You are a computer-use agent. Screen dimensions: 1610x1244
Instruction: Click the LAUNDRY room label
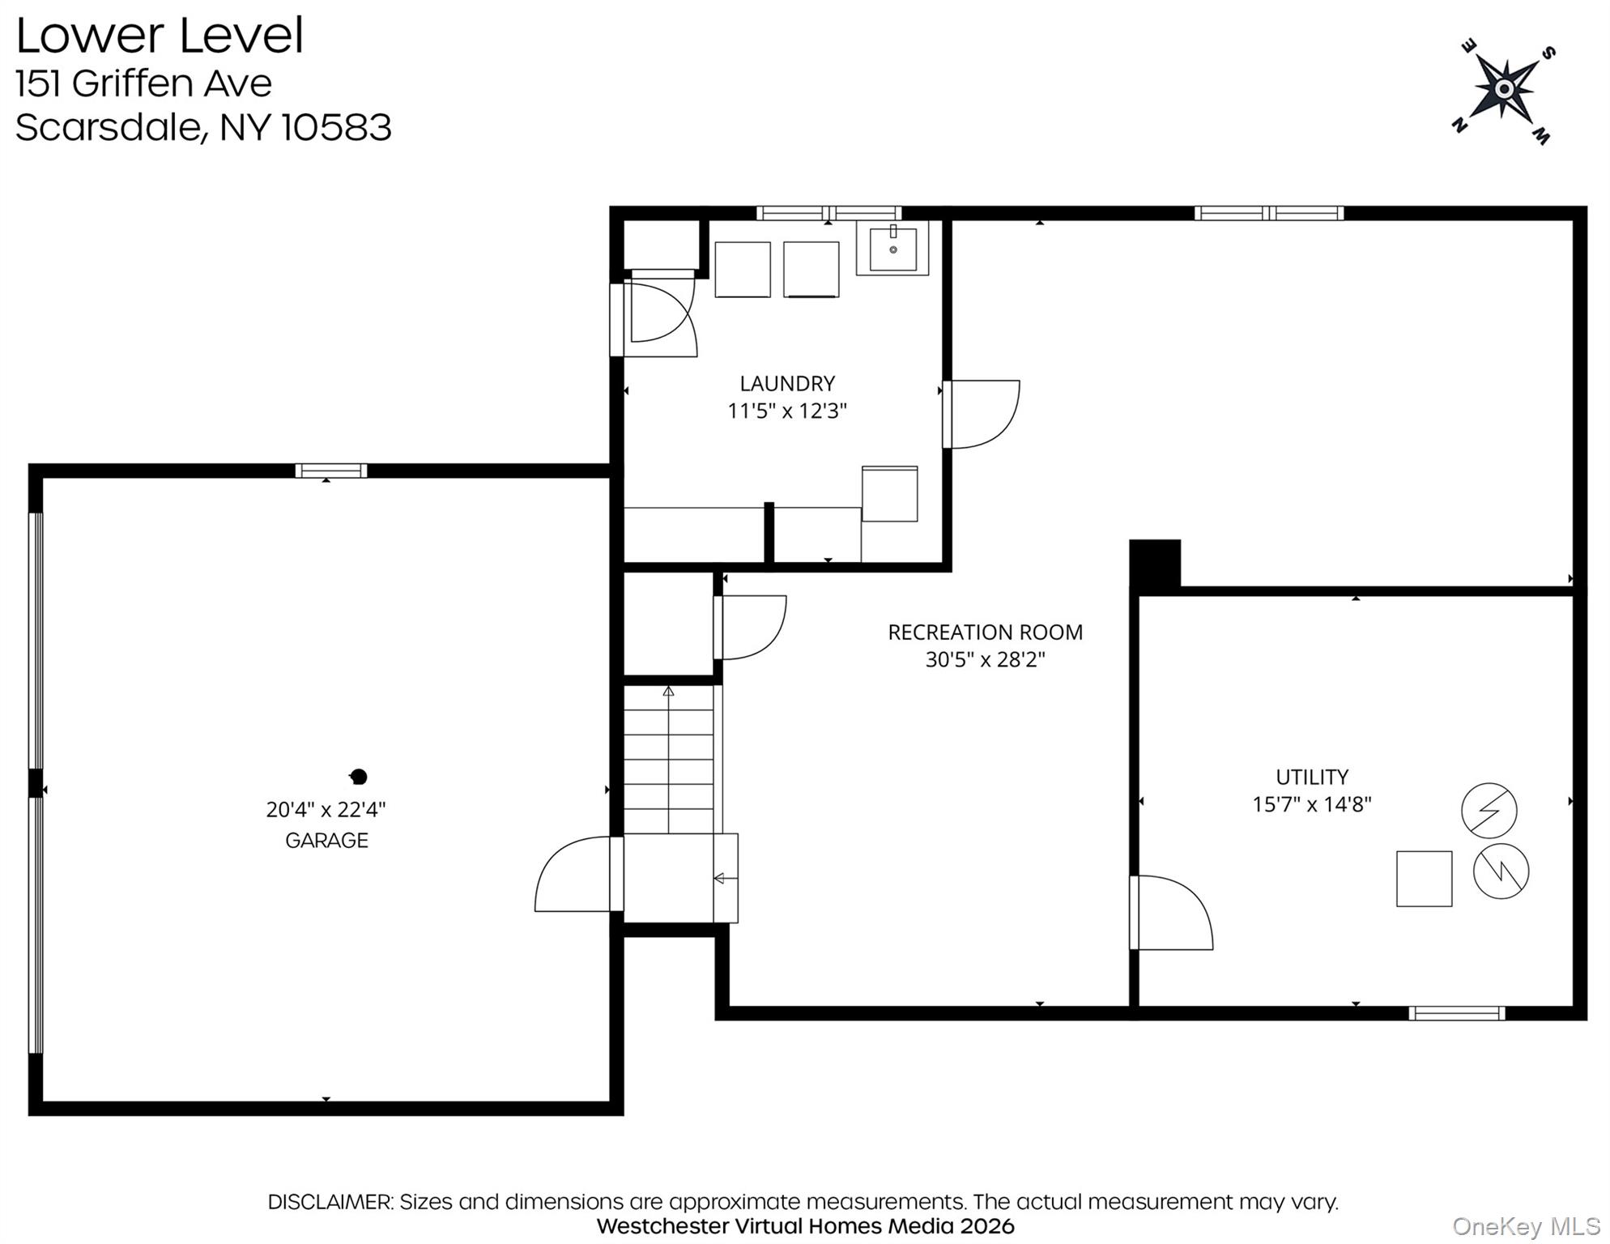click(x=786, y=383)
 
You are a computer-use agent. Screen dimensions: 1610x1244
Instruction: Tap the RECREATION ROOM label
click(x=985, y=632)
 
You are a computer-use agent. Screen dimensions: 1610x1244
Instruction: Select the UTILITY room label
click(x=1312, y=777)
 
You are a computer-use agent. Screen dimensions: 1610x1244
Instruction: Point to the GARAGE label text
click(x=326, y=840)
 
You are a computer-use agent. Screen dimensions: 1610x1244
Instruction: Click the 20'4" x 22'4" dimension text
click(x=326, y=809)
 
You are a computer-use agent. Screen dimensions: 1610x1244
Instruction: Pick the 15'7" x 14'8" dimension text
click(x=1312, y=804)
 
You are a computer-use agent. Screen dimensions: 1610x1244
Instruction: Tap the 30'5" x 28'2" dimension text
click(x=985, y=659)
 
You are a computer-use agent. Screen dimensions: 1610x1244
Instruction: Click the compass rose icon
click(x=1503, y=89)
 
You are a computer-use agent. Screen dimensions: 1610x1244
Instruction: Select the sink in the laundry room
click(x=892, y=248)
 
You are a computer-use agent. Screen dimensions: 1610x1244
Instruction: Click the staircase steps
click(x=668, y=760)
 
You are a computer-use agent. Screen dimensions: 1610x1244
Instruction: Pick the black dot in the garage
click(x=359, y=777)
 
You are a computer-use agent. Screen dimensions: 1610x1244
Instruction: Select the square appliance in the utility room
click(x=1424, y=878)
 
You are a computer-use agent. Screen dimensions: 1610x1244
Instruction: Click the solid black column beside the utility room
click(x=1155, y=564)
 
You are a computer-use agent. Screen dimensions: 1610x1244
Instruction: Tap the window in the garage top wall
click(x=330, y=471)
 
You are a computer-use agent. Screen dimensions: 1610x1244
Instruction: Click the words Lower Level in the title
click(x=160, y=36)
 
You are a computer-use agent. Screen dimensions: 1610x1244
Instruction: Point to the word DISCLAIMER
click(x=330, y=1202)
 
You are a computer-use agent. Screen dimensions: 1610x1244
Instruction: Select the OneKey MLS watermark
click(x=1526, y=1227)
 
